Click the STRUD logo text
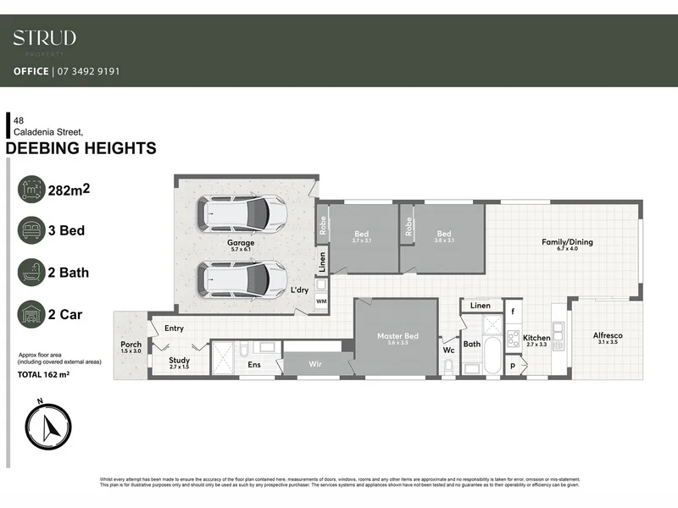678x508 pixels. (44, 37)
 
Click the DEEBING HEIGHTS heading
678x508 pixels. (81, 148)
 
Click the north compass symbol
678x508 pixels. (48, 422)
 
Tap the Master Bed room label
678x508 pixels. (397, 337)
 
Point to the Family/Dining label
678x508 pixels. (567, 242)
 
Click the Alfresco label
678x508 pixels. (608, 336)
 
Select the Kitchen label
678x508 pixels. (536, 338)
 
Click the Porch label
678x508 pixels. (131, 345)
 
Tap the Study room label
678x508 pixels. (179, 361)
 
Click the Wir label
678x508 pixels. (314, 366)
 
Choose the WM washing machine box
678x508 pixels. (321, 301)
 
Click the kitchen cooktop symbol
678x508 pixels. (513, 339)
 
